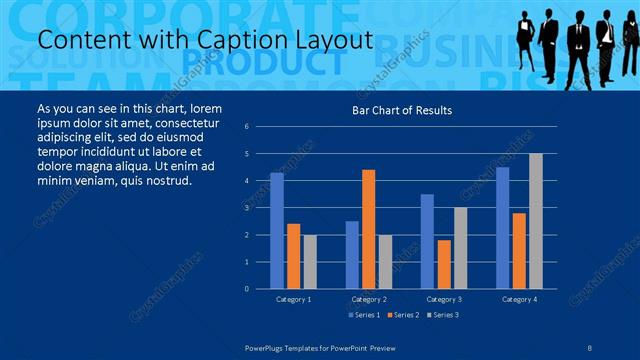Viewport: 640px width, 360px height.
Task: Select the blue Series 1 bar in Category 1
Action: point(276,230)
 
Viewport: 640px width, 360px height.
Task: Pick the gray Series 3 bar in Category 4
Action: point(536,221)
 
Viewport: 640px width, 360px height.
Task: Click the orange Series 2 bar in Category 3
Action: point(444,264)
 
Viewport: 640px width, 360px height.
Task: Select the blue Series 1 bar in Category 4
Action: point(502,227)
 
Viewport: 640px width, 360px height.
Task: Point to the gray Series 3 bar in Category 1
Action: point(309,261)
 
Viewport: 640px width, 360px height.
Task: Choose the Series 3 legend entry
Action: point(442,315)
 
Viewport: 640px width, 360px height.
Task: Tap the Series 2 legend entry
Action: point(404,315)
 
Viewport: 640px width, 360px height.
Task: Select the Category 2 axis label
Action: point(369,299)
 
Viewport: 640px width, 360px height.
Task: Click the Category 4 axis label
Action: point(519,299)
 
